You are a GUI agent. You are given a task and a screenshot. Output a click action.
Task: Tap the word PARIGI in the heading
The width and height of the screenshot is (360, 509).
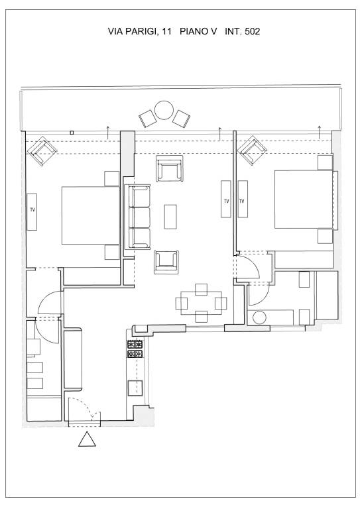pyautogui.click(x=143, y=32)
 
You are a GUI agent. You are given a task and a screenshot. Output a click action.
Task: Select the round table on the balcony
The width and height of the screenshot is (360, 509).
pyautogui.click(x=164, y=111)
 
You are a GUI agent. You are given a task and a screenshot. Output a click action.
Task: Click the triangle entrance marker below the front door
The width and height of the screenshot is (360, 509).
pyautogui.click(x=87, y=439)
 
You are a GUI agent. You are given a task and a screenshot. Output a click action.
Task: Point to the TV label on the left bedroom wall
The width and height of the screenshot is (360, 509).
pyautogui.click(x=32, y=209)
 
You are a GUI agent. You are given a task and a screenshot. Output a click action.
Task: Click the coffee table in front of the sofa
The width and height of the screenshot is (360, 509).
pyautogui.click(x=170, y=217)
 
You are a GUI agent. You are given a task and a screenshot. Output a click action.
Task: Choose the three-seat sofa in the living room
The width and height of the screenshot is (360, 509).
pyautogui.click(x=138, y=217)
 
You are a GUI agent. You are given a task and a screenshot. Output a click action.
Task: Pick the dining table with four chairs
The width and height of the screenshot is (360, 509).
pyautogui.click(x=201, y=303)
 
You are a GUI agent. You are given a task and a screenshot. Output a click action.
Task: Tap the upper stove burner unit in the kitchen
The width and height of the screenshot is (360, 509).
pyautogui.click(x=135, y=344)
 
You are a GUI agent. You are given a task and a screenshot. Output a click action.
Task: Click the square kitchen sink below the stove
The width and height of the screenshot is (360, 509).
pyautogui.click(x=135, y=388)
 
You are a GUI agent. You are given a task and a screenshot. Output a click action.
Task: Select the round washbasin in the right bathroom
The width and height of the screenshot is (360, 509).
pyautogui.click(x=259, y=317)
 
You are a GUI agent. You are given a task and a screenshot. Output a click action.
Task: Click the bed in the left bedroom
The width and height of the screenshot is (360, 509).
pyautogui.click(x=91, y=215)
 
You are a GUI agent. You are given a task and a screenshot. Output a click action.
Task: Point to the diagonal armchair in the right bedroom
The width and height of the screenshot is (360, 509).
pyautogui.click(x=252, y=150)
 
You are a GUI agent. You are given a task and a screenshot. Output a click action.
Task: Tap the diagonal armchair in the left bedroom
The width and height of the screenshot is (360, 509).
pyautogui.click(x=42, y=151)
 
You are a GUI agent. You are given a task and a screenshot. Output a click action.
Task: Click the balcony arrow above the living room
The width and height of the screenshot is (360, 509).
pyautogui.click(x=220, y=134)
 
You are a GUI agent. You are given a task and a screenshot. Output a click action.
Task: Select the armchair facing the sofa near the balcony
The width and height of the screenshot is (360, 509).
pyautogui.click(x=169, y=168)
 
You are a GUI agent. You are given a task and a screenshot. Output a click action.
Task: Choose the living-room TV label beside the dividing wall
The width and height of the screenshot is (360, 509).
pyautogui.click(x=226, y=201)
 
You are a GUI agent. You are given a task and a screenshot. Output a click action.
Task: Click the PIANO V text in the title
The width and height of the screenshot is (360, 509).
pyautogui.click(x=198, y=32)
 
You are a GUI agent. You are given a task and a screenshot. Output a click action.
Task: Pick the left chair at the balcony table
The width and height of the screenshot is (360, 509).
pyautogui.click(x=148, y=119)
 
